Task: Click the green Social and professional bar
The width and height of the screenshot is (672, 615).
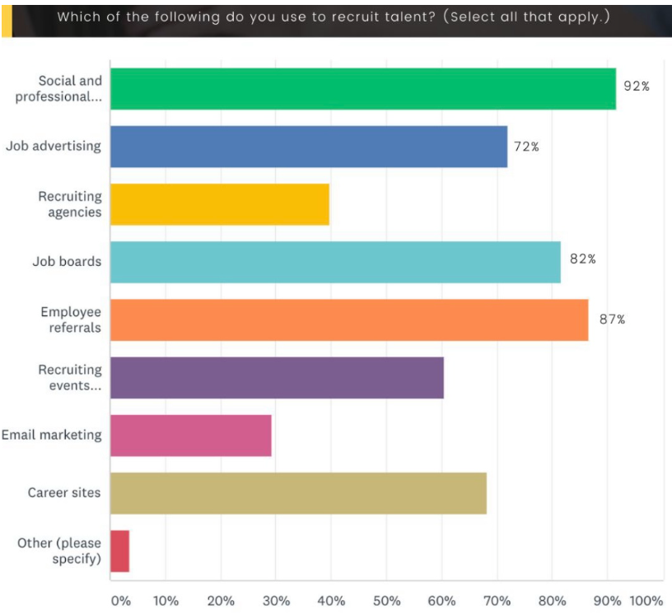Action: click(x=362, y=89)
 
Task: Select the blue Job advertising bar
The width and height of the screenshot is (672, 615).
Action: click(x=309, y=147)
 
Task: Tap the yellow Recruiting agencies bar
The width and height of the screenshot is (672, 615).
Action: click(x=219, y=204)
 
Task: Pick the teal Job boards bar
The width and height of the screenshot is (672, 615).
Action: click(x=335, y=262)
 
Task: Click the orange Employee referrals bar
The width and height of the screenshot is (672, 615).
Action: click(x=349, y=319)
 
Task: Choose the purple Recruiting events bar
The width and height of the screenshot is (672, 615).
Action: click(x=277, y=378)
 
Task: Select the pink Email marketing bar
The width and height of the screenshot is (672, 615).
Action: click(x=190, y=436)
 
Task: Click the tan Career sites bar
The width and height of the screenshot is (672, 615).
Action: click(x=298, y=493)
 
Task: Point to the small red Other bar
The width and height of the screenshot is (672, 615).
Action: click(x=119, y=551)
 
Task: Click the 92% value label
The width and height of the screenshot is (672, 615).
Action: click(x=636, y=86)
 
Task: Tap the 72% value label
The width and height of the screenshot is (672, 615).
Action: click(x=526, y=147)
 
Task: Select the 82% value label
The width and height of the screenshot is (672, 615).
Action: click(x=582, y=259)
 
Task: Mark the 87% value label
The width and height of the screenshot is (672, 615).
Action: click(x=612, y=319)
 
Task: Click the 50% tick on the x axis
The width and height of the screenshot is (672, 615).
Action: click(x=386, y=601)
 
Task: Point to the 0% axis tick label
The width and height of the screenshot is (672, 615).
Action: click(x=120, y=601)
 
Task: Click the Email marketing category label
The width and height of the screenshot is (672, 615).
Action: click(x=51, y=435)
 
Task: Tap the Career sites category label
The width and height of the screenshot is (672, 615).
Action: click(x=64, y=492)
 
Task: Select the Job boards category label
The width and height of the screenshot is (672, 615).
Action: click(x=67, y=262)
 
